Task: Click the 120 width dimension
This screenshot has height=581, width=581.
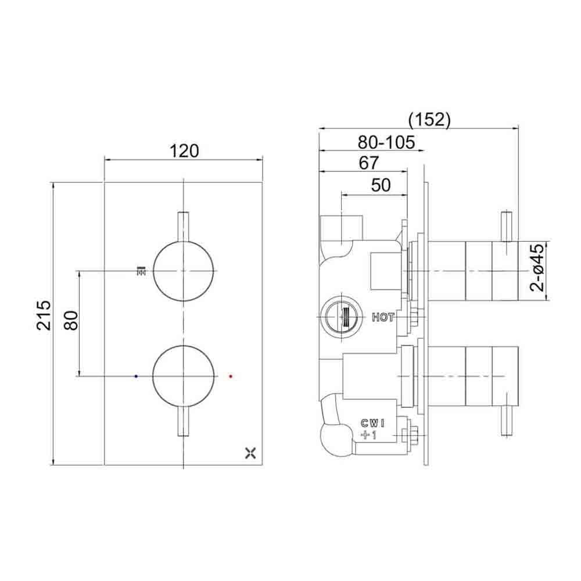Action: tap(184, 151)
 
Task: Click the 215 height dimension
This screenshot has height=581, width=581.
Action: tap(44, 315)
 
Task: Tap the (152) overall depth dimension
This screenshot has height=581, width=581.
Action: tap(429, 119)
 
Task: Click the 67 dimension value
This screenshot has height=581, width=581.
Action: tap(368, 163)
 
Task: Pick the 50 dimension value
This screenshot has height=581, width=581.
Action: tap(380, 185)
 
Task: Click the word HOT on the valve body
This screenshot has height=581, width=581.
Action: tap(383, 318)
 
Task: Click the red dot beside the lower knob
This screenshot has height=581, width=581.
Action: tap(231, 376)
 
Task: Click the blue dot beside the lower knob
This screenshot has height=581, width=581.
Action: tap(136, 376)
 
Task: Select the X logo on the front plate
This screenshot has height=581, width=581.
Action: tap(251, 453)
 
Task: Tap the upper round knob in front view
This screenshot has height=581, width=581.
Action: tap(184, 271)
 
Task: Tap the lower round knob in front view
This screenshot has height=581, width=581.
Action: tap(184, 376)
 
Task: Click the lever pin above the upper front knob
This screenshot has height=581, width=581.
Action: tap(184, 226)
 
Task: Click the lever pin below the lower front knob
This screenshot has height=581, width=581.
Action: tap(184, 421)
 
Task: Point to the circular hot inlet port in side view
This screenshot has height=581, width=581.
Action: tap(338, 317)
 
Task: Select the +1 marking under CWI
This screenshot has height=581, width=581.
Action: tap(369, 435)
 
